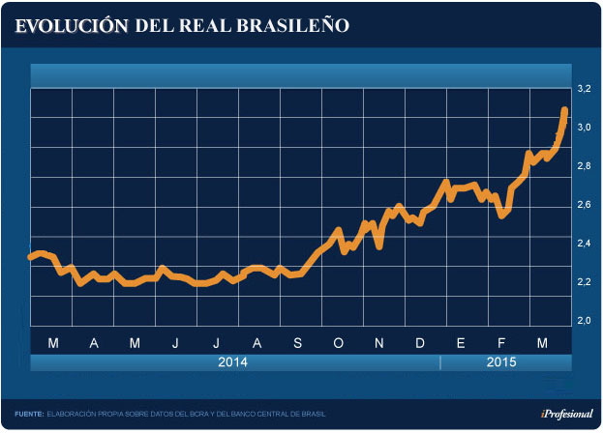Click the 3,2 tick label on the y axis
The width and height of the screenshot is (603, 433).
coord(584,89)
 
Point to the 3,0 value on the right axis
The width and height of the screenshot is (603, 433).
coord(584,128)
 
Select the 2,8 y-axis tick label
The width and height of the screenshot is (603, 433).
coord(584,166)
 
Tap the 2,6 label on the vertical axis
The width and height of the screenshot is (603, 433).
coord(584,205)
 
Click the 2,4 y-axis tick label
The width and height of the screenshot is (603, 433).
coord(584,244)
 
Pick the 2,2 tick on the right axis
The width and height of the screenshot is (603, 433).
coord(584,282)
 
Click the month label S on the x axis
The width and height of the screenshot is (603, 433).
coord(297,343)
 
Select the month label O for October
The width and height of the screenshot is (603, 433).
coord(339,343)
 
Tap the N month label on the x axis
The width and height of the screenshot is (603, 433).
coord(379,343)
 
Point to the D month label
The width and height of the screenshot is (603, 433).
coord(420,343)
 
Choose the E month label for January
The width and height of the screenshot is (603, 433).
coord(462,343)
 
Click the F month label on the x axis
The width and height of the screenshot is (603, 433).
coord(502,343)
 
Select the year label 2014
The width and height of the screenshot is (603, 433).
coord(233,362)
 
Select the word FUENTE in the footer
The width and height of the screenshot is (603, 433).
coord(29,414)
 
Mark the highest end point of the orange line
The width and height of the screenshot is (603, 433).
coord(564,110)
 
